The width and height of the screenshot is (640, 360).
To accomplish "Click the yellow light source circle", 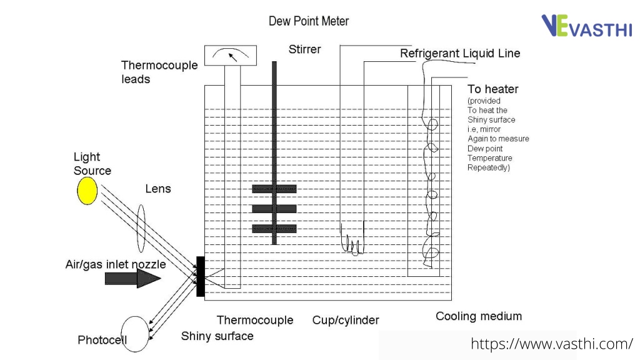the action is [87, 191].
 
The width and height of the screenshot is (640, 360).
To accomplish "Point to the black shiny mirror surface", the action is [201, 276].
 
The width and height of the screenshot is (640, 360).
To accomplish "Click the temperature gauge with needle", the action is [231, 55].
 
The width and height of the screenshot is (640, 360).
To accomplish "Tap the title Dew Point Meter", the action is [309, 21].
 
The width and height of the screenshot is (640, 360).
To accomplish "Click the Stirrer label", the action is [304, 49].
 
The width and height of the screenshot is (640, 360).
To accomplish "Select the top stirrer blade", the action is [274, 189].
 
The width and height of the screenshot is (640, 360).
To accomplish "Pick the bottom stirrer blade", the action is [274, 229].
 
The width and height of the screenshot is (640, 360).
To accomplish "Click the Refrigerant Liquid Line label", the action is [460, 54].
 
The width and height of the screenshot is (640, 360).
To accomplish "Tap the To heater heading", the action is [493, 89].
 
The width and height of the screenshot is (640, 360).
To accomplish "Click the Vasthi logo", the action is [586, 26].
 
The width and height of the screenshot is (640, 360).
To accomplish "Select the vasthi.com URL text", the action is [552, 344].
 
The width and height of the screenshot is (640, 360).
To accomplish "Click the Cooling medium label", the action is [479, 316].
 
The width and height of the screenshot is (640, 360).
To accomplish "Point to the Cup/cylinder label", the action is [346, 321].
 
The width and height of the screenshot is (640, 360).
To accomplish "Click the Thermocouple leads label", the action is [159, 72].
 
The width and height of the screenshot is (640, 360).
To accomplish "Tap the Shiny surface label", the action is [217, 336].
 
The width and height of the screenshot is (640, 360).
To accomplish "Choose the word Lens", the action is [158, 189].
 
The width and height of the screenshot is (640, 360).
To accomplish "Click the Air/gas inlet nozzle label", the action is [116, 264].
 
